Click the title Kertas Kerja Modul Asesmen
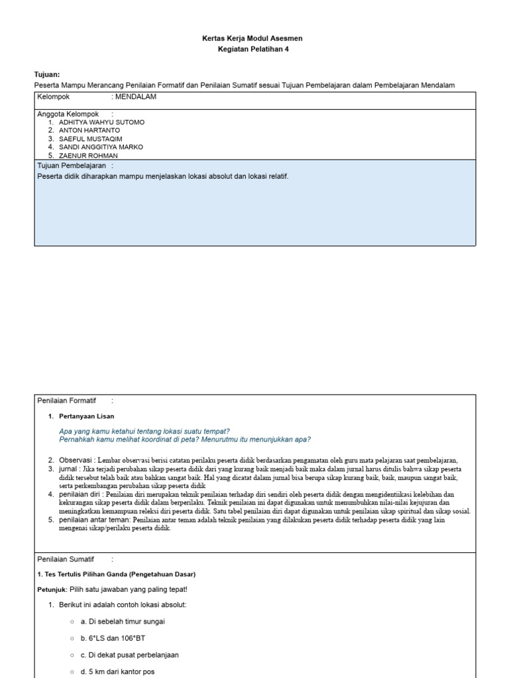[252, 38]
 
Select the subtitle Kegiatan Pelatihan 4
[253, 49]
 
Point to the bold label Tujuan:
[46, 75]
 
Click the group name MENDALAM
[136, 97]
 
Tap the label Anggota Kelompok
[68, 114]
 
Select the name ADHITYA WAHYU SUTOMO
[101, 122]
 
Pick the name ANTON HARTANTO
[89, 130]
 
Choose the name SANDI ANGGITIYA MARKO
[101, 147]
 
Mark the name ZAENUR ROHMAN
[84, 156]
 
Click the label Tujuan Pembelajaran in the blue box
[72, 165]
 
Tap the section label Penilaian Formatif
[66, 401]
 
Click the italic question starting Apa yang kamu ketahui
[144, 431]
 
